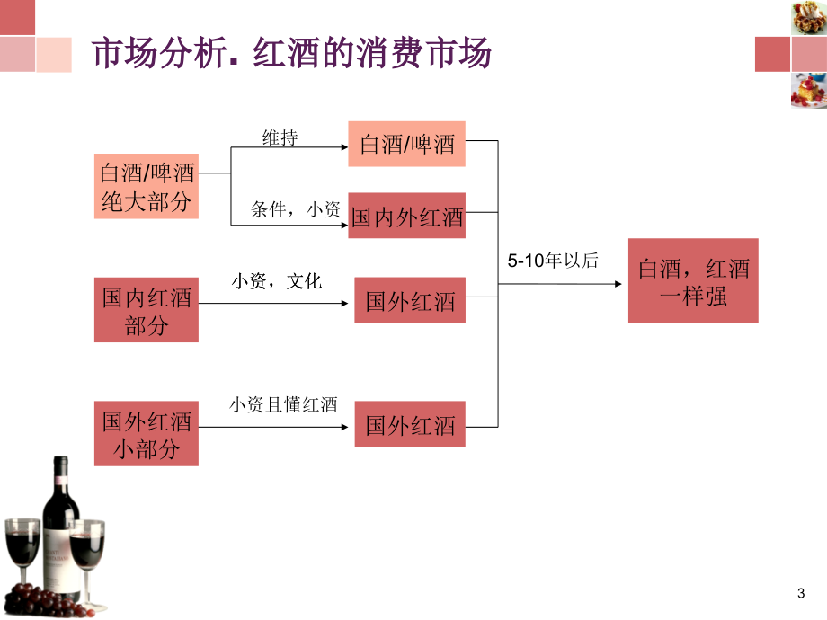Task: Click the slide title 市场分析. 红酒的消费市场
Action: click(x=291, y=53)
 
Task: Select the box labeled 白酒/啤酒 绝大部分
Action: click(x=147, y=186)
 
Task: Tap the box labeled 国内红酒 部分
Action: click(x=147, y=310)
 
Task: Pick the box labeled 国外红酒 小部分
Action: click(x=147, y=433)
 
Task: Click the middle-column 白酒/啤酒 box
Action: click(x=406, y=144)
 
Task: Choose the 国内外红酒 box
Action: click(x=406, y=216)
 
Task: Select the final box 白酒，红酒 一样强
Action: click(x=693, y=280)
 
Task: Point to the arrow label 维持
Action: click(x=280, y=138)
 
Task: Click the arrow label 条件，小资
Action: click(x=296, y=209)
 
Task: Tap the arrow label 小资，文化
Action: click(x=276, y=281)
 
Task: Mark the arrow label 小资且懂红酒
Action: click(x=283, y=404)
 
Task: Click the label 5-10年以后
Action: click(x=553, y=261)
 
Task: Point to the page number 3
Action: click(x=801, y=594)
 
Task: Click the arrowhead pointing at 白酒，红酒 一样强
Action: click(x=618, y=284)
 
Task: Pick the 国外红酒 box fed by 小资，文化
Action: click(x=410, y=300)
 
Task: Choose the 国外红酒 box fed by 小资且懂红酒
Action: click(x=410, y=424)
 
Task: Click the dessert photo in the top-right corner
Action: click(x=808, y=17)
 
